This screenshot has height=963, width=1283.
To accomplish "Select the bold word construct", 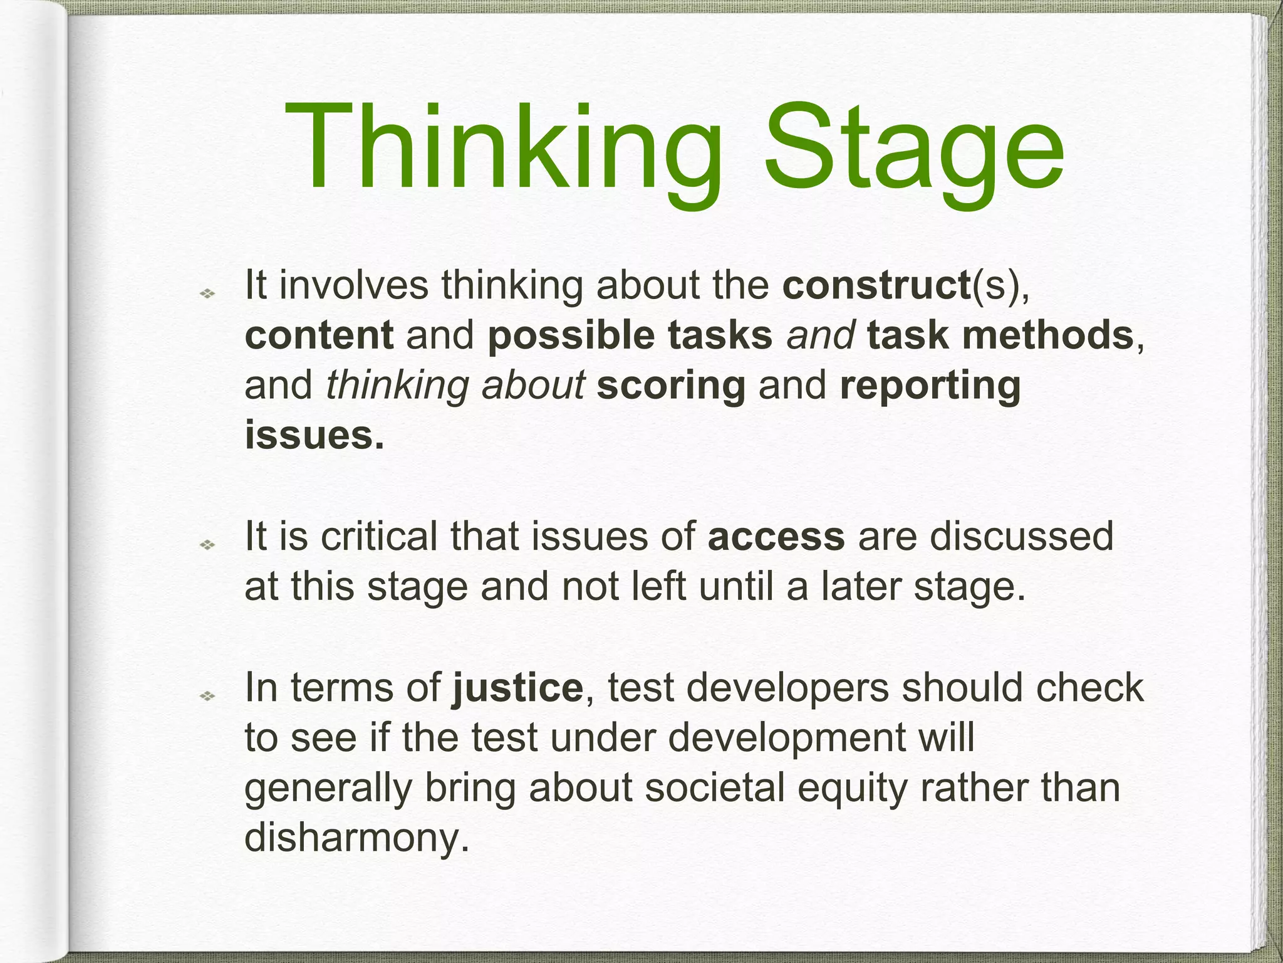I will coord(876,285).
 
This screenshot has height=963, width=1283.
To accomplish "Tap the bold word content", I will coord(319,335).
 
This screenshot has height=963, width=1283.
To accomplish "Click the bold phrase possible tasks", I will coord(630,335).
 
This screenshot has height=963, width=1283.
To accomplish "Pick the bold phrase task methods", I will coord(1000,335).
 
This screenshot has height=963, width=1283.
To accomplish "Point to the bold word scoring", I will coord(671,385).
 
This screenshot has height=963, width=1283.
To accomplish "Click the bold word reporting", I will coord(930,385).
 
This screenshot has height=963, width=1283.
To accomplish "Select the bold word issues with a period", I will coord(314,435).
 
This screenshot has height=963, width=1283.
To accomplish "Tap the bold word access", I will coord(776,537).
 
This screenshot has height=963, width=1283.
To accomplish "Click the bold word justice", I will coord(517,688).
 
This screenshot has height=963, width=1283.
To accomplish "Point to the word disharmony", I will coord(356,838).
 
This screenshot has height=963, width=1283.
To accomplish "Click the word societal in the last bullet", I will coord(715,787).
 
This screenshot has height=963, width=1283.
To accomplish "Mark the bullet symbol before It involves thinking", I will coord(207,293).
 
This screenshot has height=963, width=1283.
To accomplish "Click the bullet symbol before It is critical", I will coord(207,545).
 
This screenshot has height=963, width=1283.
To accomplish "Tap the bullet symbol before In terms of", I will coord(207,696).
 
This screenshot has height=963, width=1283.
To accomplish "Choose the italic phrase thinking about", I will coord(455,385).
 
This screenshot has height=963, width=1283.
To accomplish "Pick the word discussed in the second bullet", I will coord(1021,537).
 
